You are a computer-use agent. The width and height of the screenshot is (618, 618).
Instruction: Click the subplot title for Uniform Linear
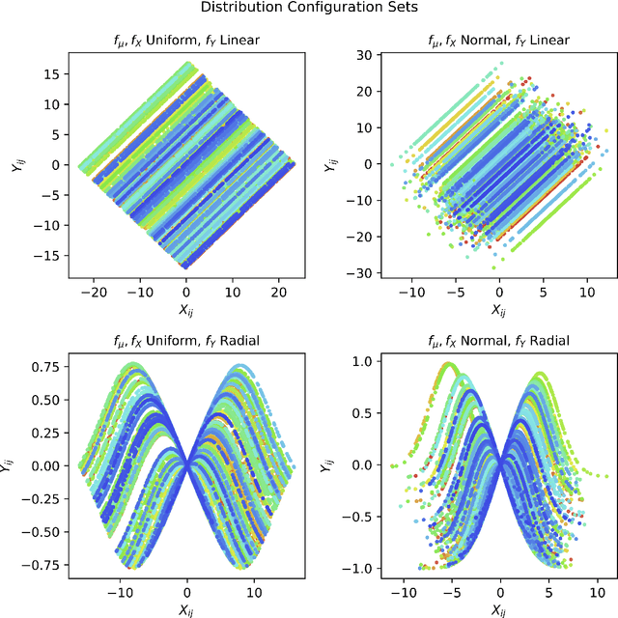click(x=186, y=40)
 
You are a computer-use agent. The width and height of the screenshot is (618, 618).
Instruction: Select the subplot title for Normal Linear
click(x=499, y=40)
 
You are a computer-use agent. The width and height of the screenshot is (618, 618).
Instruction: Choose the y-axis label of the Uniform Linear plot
click(x=16, y=164)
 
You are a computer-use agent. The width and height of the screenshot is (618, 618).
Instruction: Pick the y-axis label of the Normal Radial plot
click(x=330, y=464)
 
